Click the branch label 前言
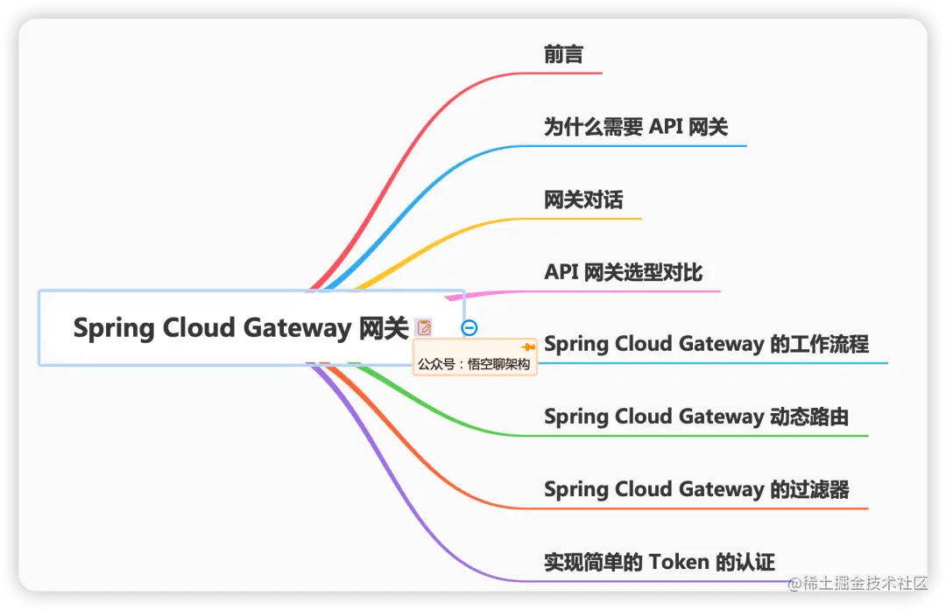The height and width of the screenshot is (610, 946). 563,54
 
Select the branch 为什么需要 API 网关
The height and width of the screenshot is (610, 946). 636,127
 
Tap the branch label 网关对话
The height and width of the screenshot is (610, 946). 583,200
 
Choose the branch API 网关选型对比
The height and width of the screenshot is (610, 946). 623,272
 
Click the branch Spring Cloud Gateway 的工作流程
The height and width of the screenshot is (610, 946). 706,344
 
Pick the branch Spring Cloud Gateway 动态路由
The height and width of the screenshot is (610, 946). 696,417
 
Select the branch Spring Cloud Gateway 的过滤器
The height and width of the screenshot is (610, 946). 696,489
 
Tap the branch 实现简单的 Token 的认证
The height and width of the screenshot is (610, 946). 660,562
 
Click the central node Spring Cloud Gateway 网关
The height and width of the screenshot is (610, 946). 241,328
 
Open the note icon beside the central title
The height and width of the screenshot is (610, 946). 424,328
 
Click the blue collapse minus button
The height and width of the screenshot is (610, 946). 469,328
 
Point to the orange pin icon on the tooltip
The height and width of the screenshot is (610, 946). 527,347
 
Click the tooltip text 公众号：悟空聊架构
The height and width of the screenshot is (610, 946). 474,364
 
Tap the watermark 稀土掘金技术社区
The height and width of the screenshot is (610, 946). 862,584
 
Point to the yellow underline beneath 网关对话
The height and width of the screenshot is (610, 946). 596,218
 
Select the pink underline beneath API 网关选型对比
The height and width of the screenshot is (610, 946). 631,291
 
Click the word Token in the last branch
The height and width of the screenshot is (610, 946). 679,562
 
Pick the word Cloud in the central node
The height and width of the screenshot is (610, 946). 199,328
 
